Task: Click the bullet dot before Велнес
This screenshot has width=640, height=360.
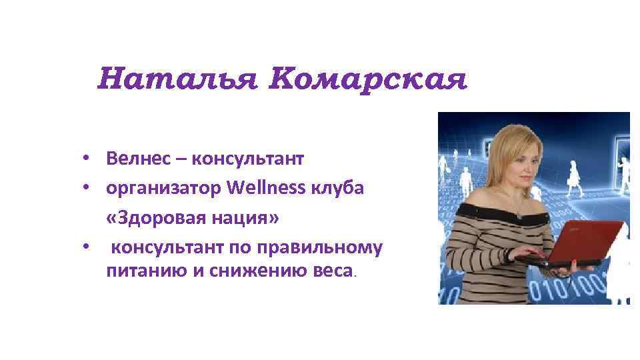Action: (87, 160)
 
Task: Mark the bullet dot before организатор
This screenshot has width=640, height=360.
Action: (87, 189)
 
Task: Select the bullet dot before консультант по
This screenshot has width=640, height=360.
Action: (87, 248)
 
